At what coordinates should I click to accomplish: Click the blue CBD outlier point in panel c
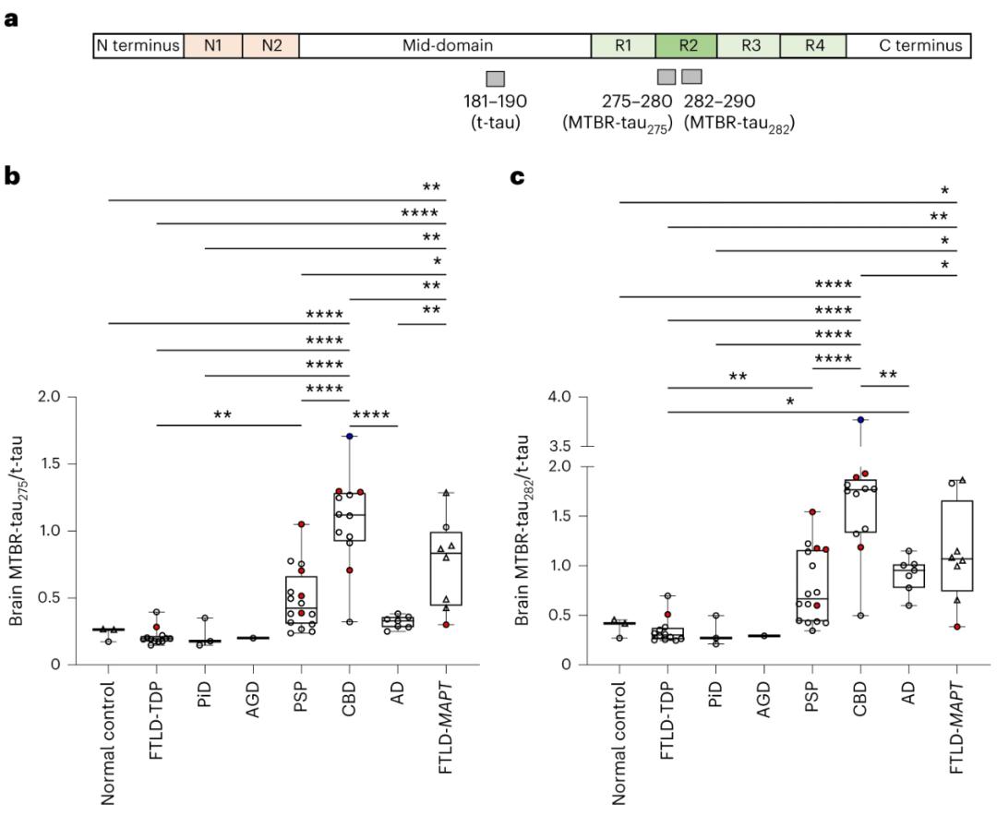pos(860,420)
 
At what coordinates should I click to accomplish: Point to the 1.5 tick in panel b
pos(57,464)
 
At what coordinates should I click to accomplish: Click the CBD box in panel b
pos(350,515)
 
